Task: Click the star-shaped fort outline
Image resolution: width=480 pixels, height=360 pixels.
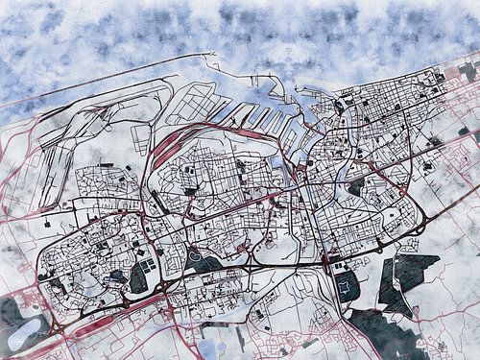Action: click(x=345, y=285)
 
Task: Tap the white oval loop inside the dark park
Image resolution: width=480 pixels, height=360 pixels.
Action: click(x=204, y=258)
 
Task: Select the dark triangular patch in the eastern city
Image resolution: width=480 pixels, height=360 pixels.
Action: click(x=356, y=185)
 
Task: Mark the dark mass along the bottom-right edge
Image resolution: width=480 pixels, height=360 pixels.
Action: click(x=384, y=331)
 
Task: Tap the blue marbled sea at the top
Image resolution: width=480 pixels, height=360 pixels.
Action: click(x=240, y=29)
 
